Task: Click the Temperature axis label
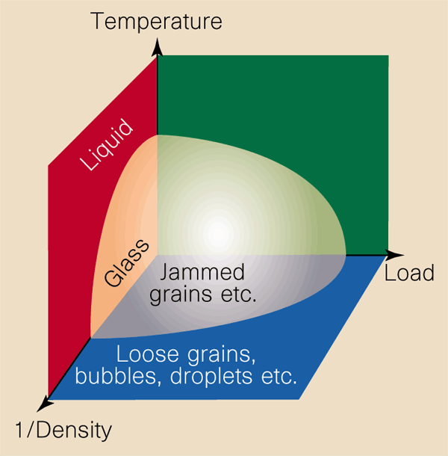click(156, 21)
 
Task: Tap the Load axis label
click(409, 273)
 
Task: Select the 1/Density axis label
click(63, 431)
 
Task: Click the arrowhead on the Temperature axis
click(158, 47)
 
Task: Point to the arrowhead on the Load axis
click(394, 255)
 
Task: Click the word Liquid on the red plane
click(107, 144)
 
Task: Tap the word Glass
click(127, 263)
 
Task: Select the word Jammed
click(202, 272)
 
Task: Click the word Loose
click(148, 354)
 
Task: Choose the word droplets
click(211, 378)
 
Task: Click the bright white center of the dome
click(218, 233)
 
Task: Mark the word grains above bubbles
click(221, 355)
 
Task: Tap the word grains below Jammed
click(181, 295)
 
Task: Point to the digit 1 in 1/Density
click(19, 430)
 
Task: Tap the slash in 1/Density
click(31, 430)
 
